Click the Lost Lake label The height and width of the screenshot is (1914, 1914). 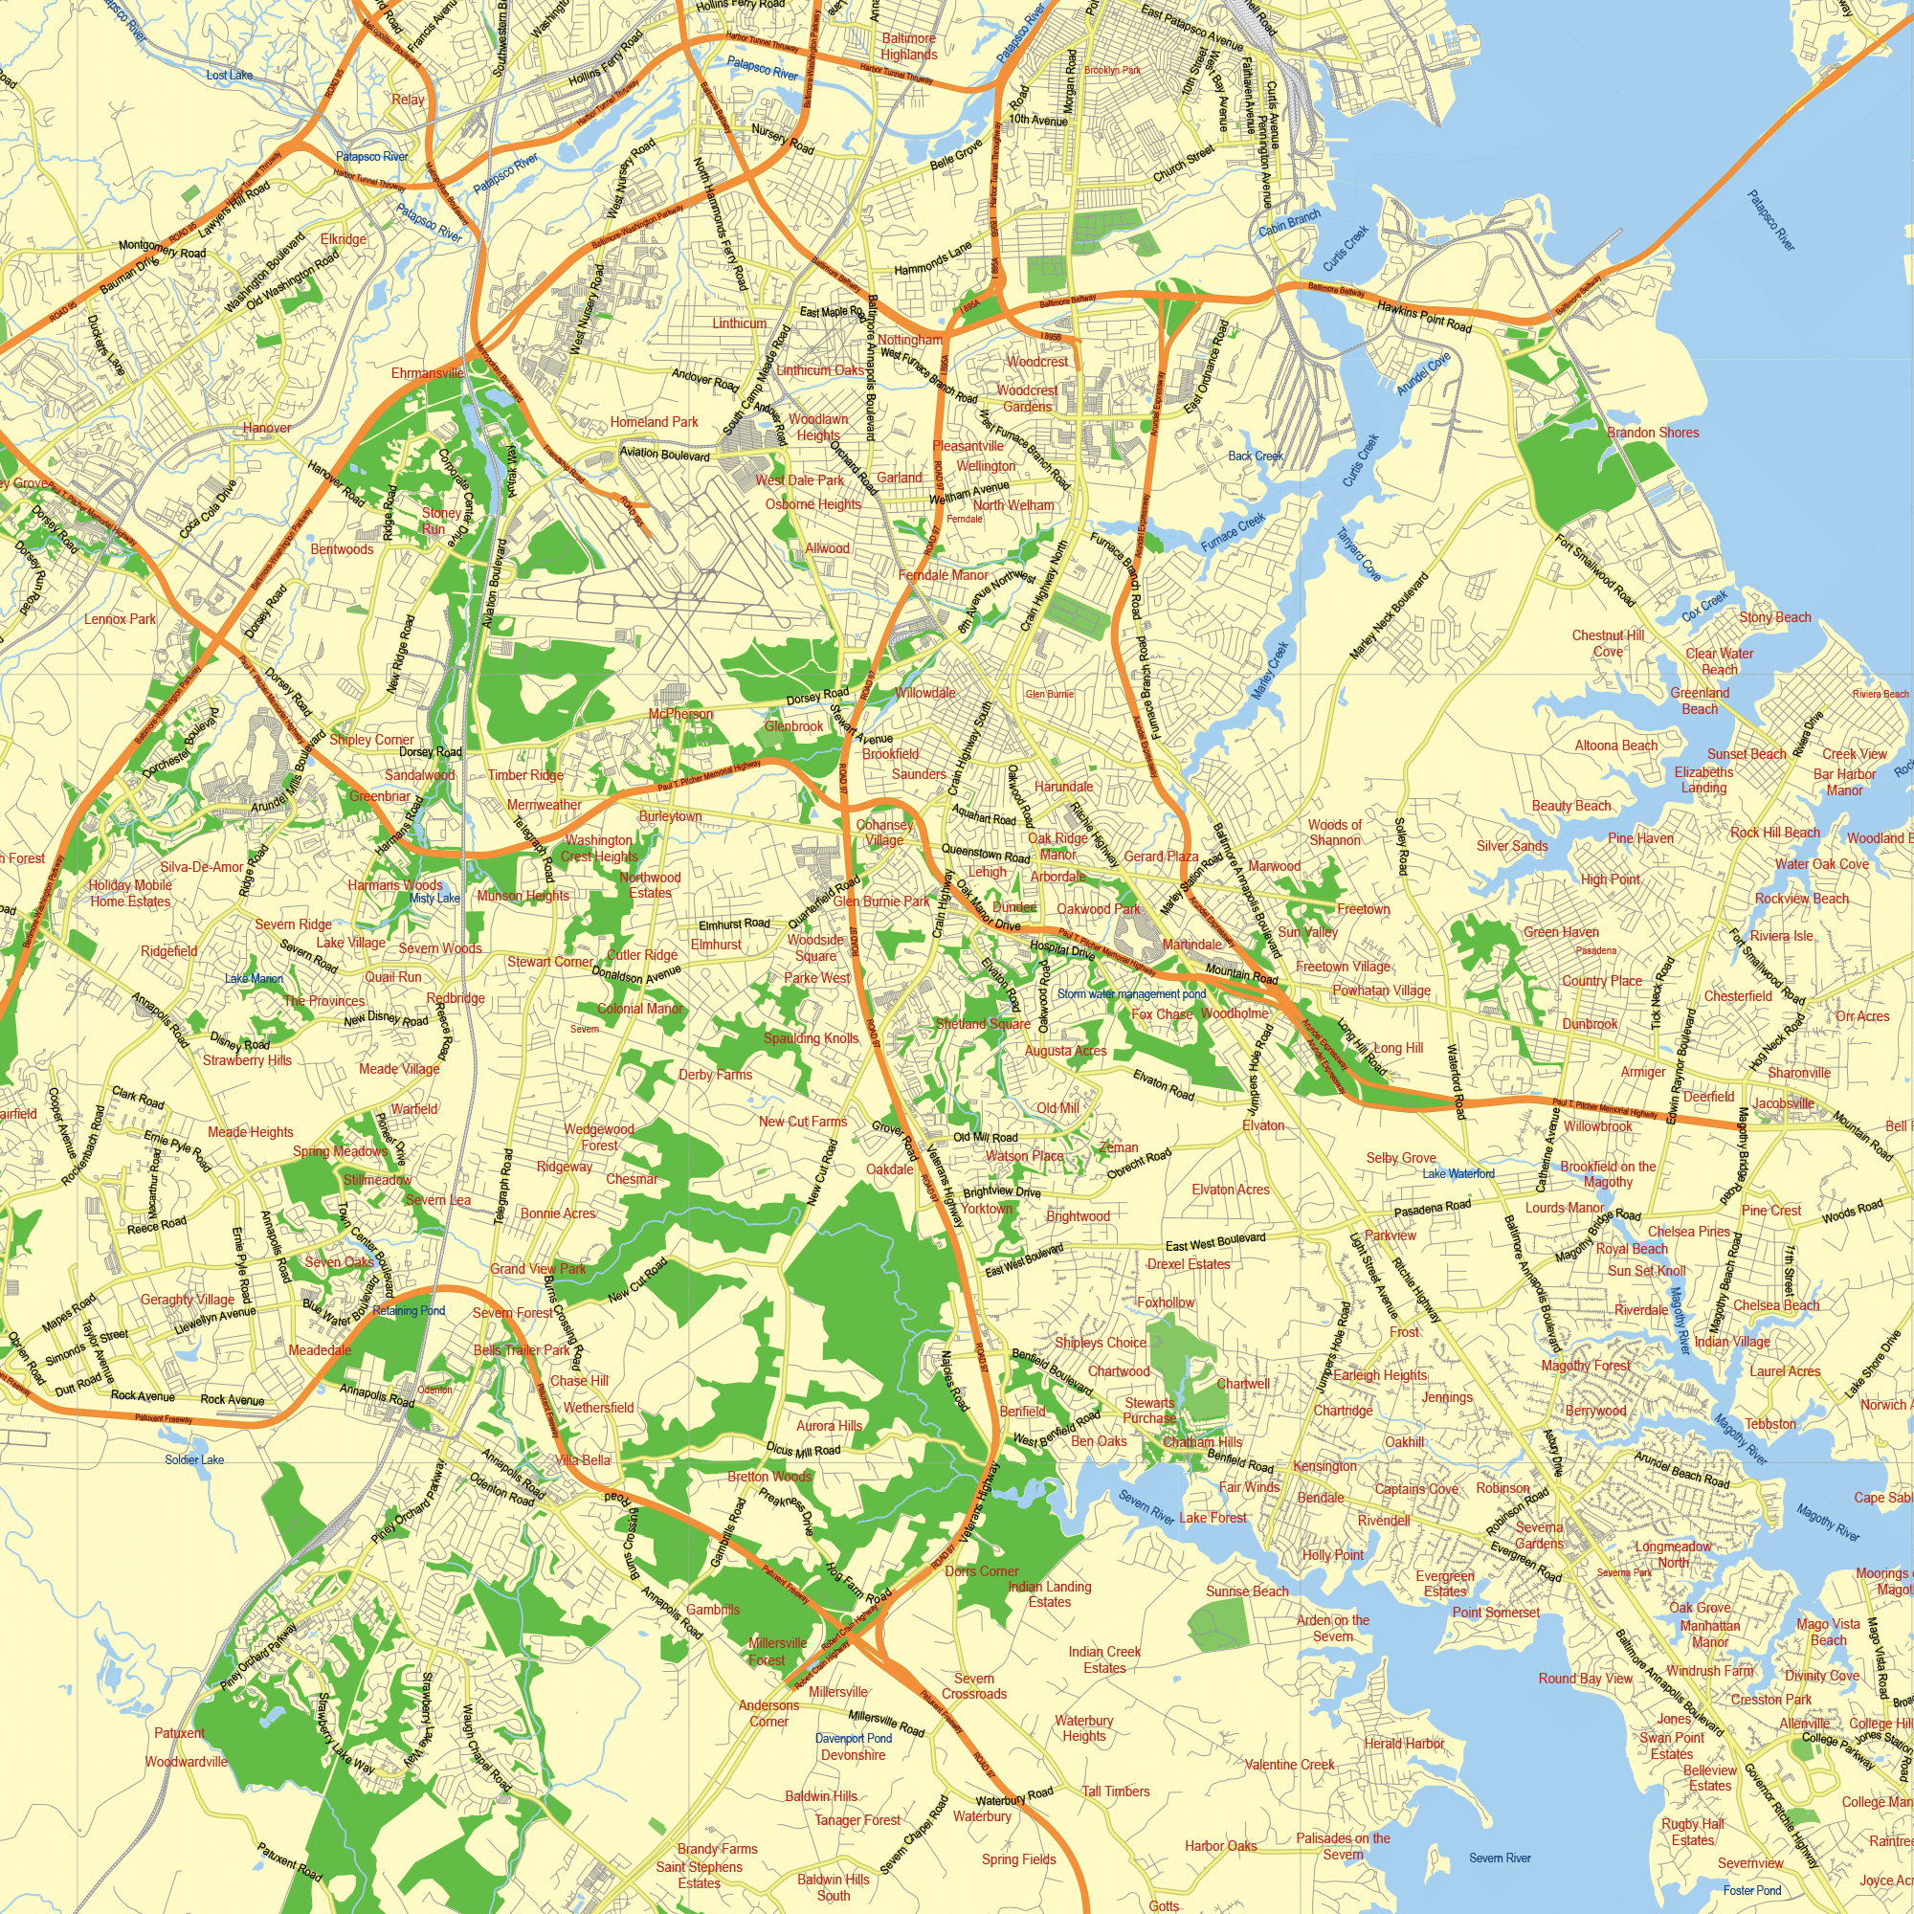point(229,76)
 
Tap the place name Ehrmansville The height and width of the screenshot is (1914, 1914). point(427,373)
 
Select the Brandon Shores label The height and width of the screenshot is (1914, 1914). point(1653,433)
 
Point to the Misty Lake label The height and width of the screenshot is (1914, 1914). point(434,899)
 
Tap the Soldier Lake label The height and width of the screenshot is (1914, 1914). point(194,1459)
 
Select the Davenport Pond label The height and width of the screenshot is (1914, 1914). point(853,1739)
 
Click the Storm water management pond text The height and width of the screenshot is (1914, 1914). point(1131,993)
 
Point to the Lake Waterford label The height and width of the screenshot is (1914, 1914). point(1458,1174)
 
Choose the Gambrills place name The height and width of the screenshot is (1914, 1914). point(712,1610)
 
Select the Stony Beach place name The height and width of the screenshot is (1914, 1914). point(1775,617)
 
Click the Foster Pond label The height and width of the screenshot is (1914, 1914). point(1751,1890)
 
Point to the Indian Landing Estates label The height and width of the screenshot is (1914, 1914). point(1049,1594)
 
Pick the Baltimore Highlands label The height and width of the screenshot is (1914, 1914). point(908,47)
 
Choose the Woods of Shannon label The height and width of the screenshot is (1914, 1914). point(1334,833)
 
